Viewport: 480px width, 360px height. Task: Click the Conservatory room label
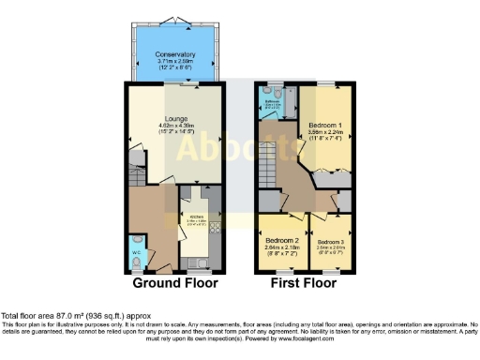tap(175, 55)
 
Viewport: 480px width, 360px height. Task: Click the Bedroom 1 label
tap(325, 125)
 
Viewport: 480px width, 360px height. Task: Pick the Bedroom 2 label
tap(282, 241)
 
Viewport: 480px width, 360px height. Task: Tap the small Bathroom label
tap(273, 101)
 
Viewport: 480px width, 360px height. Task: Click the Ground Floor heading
tap(175, 282)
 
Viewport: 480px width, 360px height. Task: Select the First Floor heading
tap(306, 282)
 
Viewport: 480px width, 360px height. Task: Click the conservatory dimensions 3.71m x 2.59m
tap(175, 63)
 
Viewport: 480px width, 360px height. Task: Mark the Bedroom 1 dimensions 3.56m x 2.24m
tap(325, 132)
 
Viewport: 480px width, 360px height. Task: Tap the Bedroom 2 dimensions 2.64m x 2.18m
tap(282, 248)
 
